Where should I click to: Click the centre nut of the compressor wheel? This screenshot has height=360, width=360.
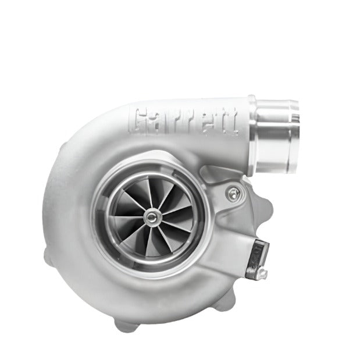coord(152,217)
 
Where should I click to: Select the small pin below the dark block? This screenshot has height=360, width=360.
coord(263,269)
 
